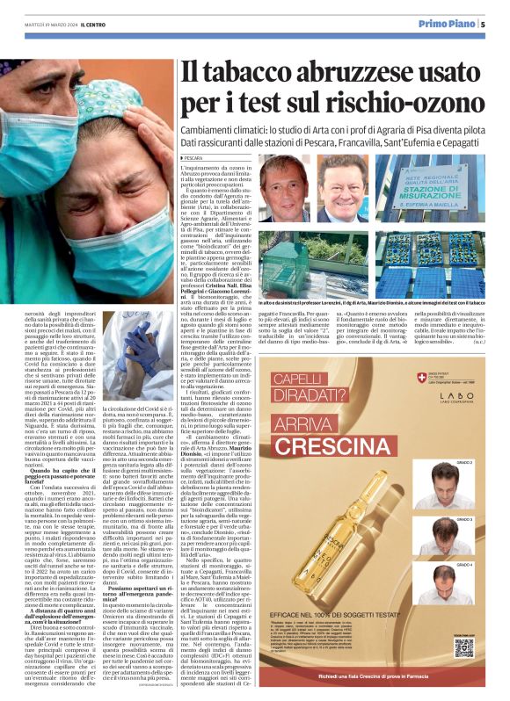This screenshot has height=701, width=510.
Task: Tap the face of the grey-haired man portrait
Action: [x=286, y=194]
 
